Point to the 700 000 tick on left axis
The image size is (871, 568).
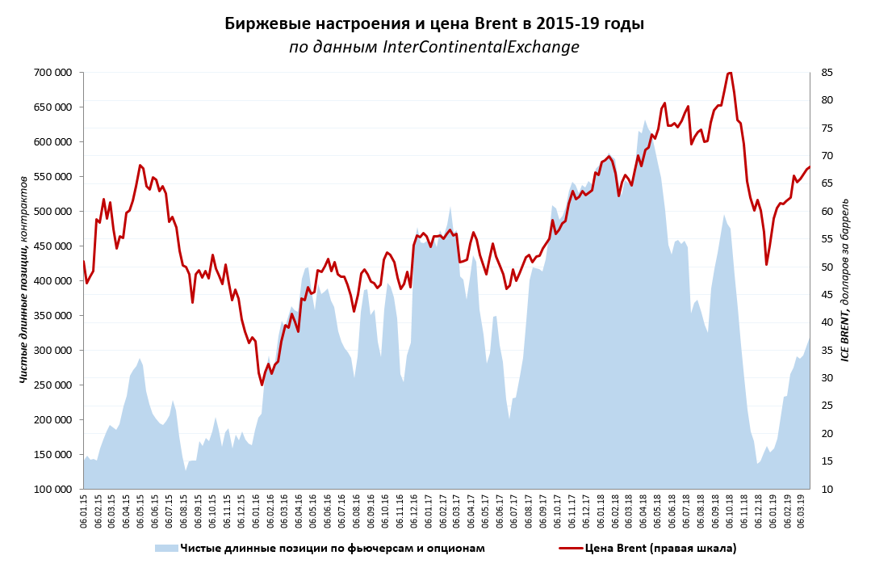tap(51, 73)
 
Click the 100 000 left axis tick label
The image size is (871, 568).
tap(51, 490)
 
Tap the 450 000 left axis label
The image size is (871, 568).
tap(51, 246)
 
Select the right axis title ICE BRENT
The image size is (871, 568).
tap(846, 280)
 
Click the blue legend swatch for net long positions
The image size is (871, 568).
tap(166, 548)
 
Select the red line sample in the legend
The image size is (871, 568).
tap(570, 548)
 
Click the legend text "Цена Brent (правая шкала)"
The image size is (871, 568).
tap(660, 548)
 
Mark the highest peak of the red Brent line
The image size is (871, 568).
tap(730, 73)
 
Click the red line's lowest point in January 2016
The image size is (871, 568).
tap(262, 385)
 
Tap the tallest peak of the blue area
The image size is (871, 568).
tap(645, 121)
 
